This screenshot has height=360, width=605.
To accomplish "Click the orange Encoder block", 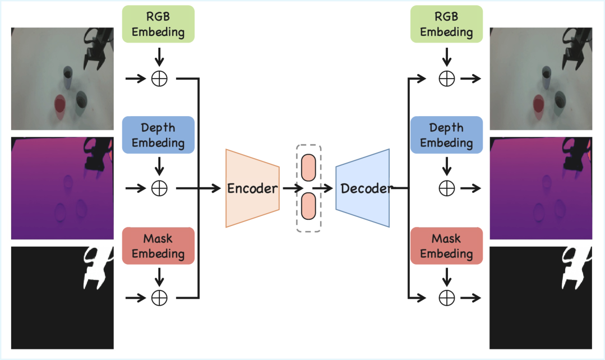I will [252, 188].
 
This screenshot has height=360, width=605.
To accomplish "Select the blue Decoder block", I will [363, 188].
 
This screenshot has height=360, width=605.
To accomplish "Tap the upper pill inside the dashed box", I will [309, 168].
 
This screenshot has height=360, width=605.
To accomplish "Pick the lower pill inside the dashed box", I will [309, 207].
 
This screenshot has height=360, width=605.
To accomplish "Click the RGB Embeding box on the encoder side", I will [158, 24].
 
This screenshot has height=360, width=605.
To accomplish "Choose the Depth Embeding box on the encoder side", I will [158, 135].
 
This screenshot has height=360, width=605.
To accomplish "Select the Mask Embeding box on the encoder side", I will [158, 246].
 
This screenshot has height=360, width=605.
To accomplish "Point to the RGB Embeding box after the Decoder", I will [446, 24].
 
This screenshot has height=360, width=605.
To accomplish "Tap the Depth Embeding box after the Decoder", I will [446, 135].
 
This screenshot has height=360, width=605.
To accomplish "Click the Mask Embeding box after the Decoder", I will [446, 246].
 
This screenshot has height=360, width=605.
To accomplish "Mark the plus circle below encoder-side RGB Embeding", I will [160, 79].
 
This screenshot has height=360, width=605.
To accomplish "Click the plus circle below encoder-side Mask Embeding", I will [160, 297].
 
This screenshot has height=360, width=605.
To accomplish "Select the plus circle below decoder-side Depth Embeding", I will [446, 188].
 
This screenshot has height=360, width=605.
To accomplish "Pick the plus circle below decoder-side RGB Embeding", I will [446, 79].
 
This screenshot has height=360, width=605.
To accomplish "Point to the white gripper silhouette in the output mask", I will [573, 266].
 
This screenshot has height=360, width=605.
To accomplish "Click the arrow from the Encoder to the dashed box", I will [292, 188].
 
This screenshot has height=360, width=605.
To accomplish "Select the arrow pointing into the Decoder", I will [322, 188].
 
